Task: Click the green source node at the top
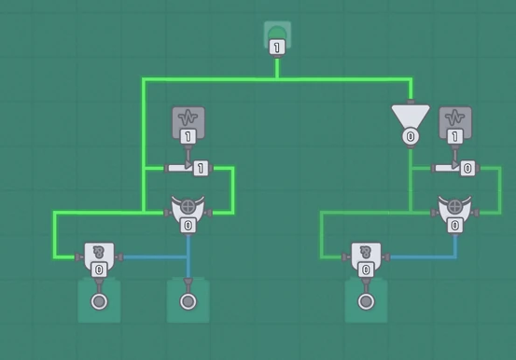click(277, 34)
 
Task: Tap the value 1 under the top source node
click(277, 48)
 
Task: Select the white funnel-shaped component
click(410, 117)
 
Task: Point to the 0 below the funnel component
click(410, 137)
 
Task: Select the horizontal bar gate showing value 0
click(457, 168)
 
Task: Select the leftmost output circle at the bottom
click(99, 301)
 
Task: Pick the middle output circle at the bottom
click(188, 301)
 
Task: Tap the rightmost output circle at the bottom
click(366, 301)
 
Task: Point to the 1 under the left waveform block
click(188, 137)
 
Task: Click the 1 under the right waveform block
click(455, 137)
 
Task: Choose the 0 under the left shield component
click(188, 226)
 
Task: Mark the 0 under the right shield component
click(455, 226)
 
